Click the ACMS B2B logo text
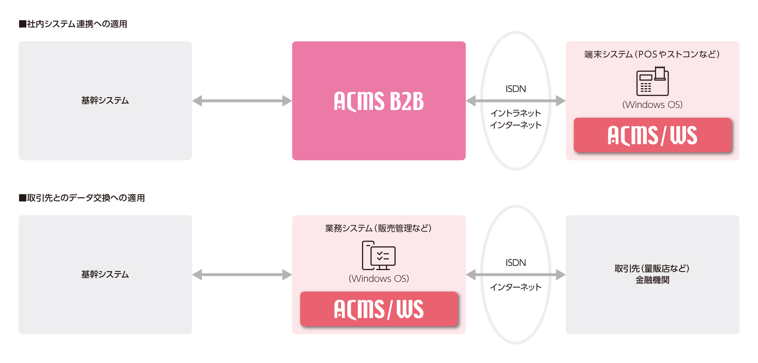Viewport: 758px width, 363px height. coord(378,101)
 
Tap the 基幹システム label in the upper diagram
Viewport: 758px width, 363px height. coord(105,101)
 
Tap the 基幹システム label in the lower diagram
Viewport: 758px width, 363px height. coord(105,274)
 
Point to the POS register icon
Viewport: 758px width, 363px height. coord(652,81)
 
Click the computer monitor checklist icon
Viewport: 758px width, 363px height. coord(378,255)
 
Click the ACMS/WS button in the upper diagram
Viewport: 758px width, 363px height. coord(652,135)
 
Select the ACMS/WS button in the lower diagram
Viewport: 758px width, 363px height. coord(378,309)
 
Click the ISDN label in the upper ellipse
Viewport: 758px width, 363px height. coord(515,89)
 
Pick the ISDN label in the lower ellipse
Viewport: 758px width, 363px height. coord(515,263)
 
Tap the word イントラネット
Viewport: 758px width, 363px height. coord(515,113)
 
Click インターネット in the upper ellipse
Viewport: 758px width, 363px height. coord(515,125)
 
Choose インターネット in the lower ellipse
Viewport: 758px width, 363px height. coord(515,287)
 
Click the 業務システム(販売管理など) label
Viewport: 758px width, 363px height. coord(378,228)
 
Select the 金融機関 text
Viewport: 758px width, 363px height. coord(652,280)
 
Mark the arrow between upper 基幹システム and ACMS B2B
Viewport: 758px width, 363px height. coord(242,101)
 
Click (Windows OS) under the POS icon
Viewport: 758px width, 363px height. coord(652,105)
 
